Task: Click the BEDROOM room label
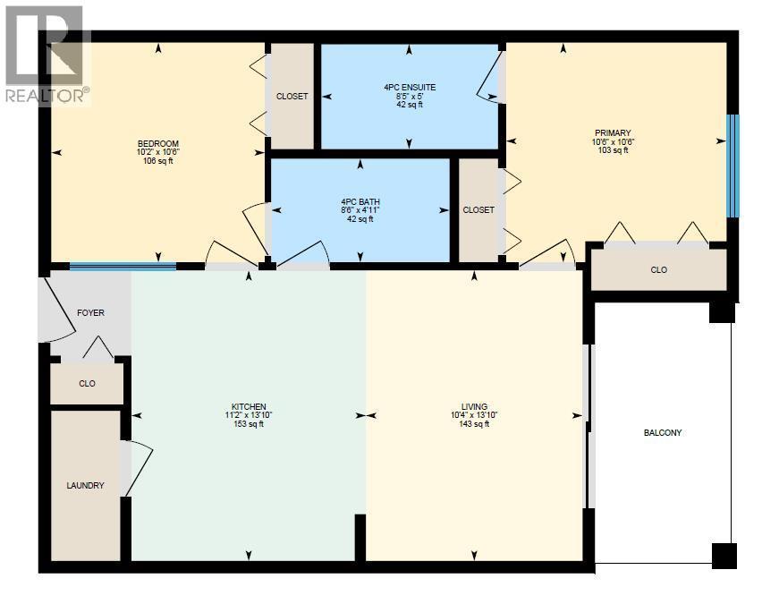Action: (158, 144)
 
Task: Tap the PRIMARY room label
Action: (613, 132)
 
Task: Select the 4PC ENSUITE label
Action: (410, 87)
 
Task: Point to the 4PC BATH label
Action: (360, 202)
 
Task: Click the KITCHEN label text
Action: (249, 406)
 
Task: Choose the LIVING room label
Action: (474, 406)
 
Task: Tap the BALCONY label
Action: (663, 432)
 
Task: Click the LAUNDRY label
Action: (86, 485)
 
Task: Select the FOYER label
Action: (90, 312)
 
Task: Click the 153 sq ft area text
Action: (249, 424)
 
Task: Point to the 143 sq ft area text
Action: (474, 424)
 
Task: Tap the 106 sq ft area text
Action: (158, 161)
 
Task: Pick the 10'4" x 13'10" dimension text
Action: (474, 415)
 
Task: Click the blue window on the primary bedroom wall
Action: (732, 166)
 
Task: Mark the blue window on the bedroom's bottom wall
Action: (123, 267)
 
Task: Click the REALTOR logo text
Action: (47, 96)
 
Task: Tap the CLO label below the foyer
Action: (87, 383)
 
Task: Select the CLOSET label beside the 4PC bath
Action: (478, 209)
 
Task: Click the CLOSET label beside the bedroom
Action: (292, 96)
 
